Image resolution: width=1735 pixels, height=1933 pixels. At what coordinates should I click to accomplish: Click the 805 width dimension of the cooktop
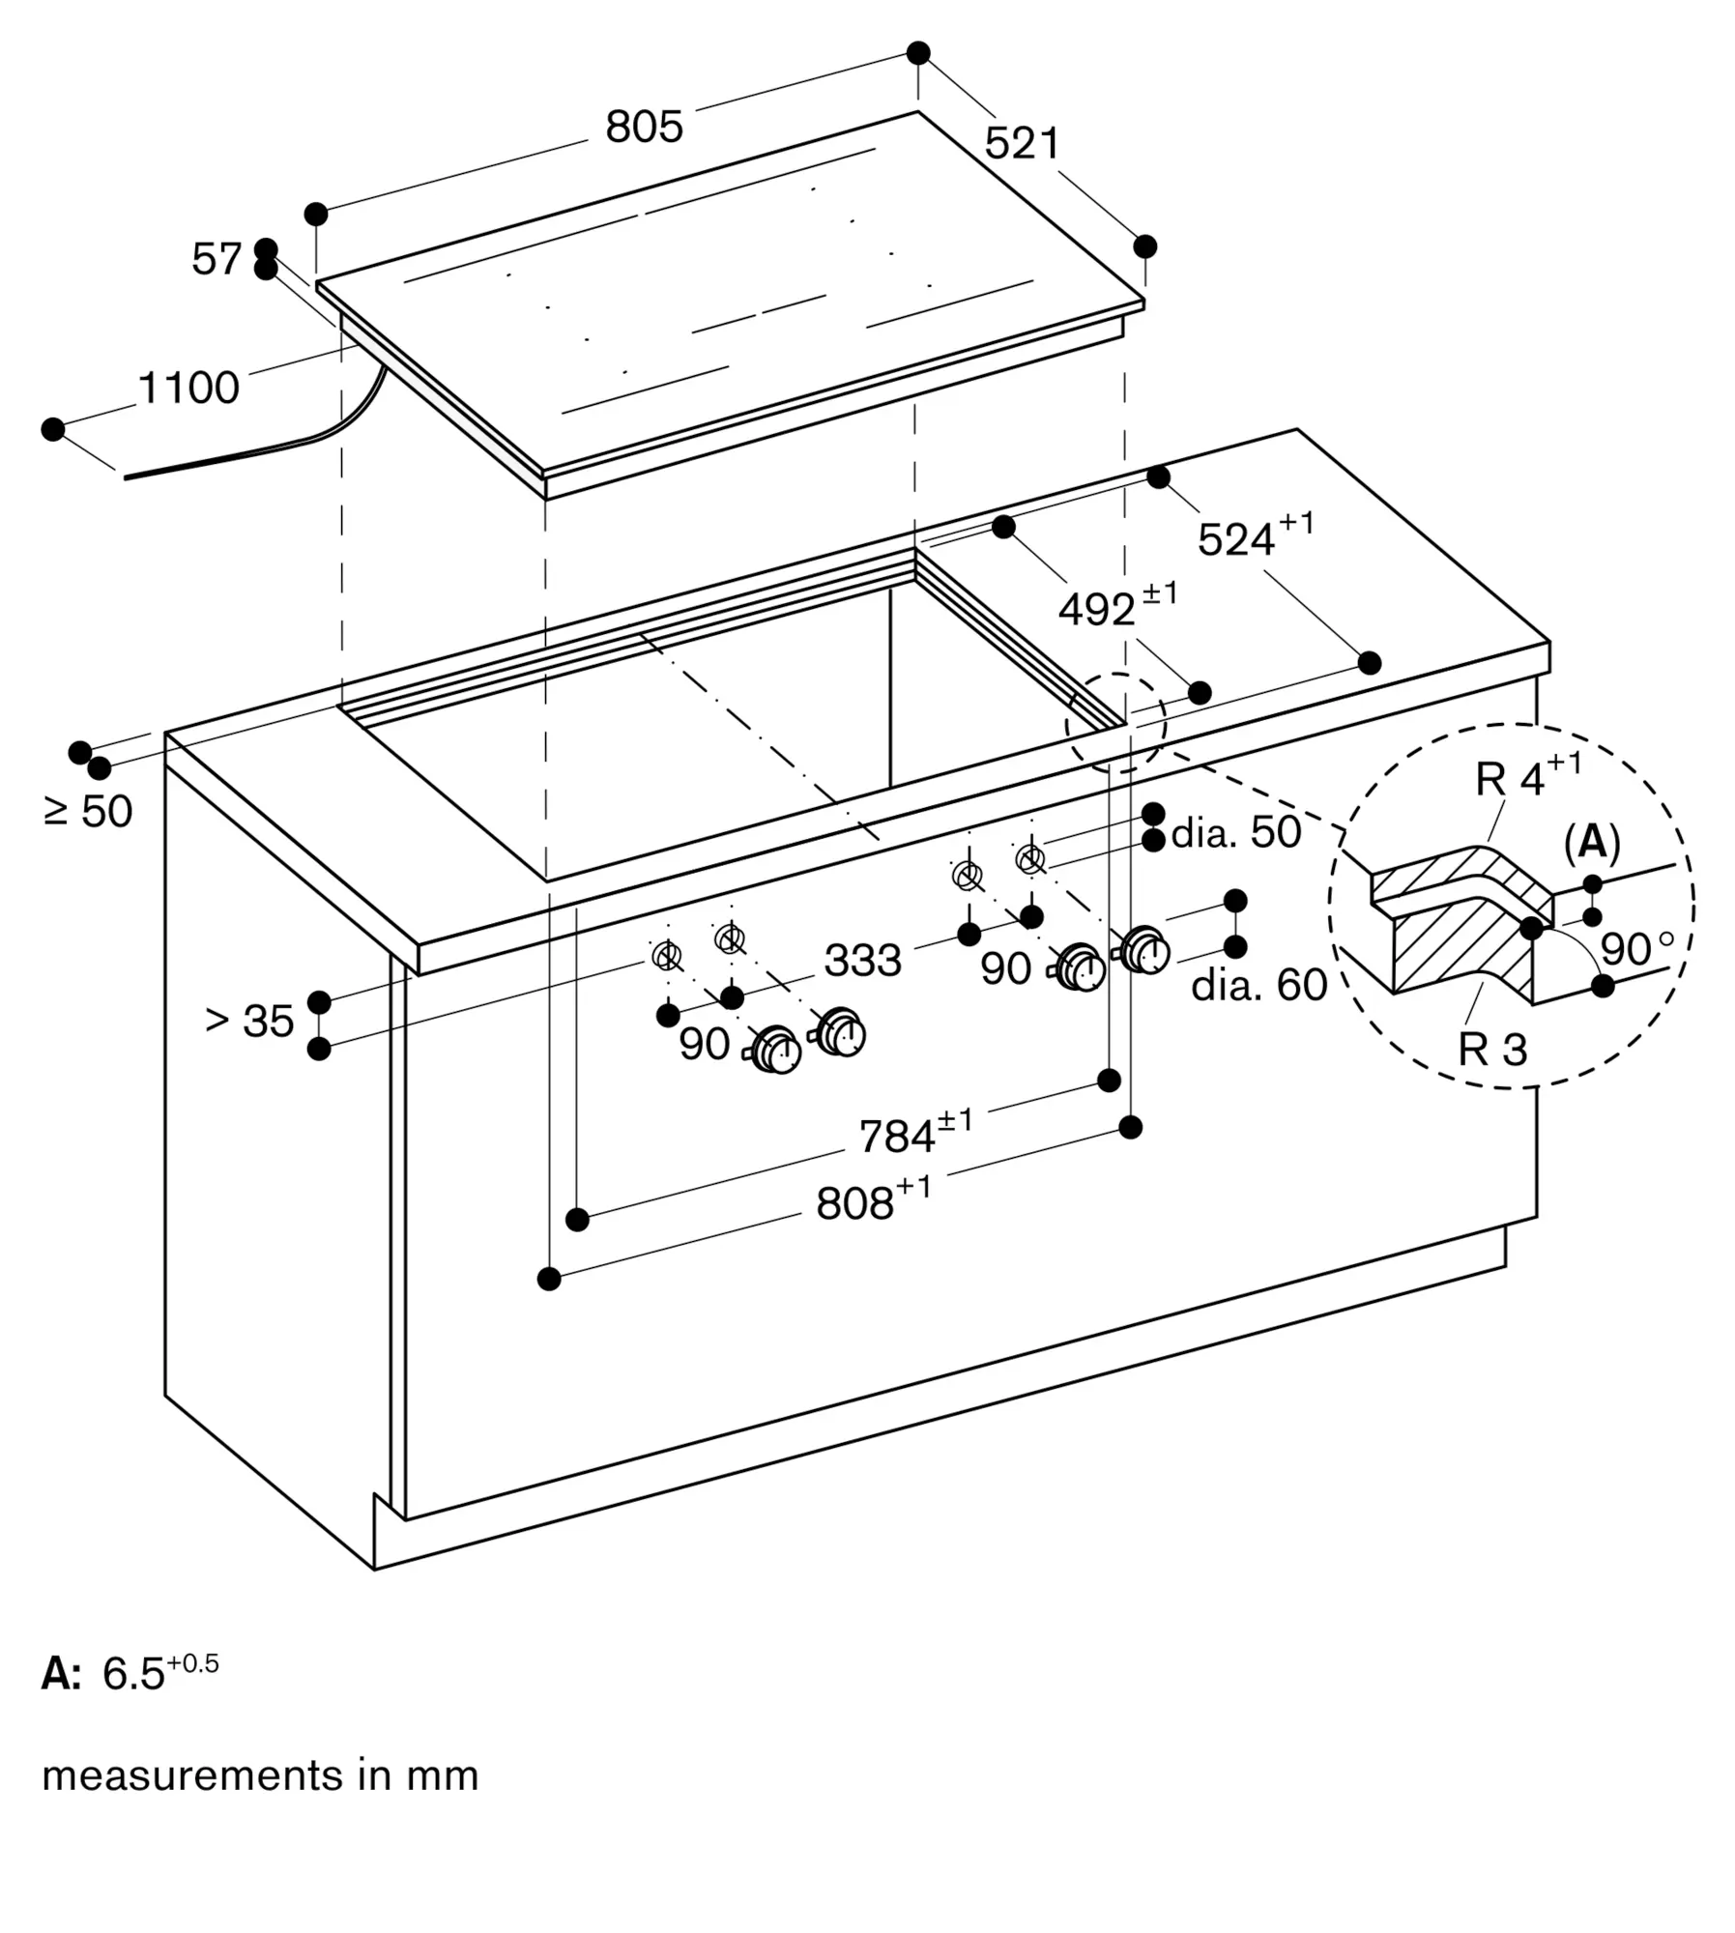pos(644,128)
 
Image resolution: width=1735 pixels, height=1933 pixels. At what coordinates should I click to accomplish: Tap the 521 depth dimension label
pos(1022,144)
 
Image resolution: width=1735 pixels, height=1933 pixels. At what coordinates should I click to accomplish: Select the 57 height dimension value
pos(216,259)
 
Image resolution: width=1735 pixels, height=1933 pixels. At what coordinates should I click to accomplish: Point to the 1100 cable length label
pos(188,388)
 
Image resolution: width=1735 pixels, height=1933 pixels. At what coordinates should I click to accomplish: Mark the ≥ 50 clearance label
pos(89,811)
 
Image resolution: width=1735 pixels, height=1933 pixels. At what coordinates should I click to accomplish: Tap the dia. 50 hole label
pos(1236,832)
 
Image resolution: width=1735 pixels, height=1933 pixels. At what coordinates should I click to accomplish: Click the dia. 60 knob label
pos(1258,985)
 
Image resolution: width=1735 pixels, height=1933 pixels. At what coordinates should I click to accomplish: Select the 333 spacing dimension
pos(862,961)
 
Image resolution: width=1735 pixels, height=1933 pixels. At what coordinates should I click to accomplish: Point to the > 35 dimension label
pos(249,1021)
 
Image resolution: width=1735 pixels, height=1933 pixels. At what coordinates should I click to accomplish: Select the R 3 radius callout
pos(1492,1050)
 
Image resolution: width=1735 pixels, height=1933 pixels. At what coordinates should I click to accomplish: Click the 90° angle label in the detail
pos(1635,949)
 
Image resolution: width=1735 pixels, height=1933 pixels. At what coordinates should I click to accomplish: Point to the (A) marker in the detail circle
pos(1591,843)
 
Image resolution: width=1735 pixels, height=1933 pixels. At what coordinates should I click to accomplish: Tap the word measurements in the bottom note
pos(192,1775)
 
